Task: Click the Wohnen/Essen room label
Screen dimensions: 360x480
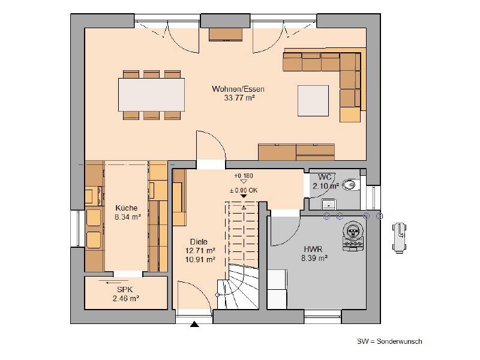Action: click(x=238, y=89)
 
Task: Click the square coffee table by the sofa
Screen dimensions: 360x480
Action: click(x=313, y=99)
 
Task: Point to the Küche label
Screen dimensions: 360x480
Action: click(x=127, y=208)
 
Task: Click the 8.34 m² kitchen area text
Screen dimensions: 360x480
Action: click(x=127, y=217)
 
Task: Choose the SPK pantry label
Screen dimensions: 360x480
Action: click(x=125, y=289)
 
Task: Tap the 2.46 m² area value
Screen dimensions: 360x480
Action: click(x=125, y=298)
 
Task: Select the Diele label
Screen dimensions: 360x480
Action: click(x=200, y=242)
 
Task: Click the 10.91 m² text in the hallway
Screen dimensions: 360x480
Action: click(x=200, y=260)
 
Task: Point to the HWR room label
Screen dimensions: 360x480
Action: click(x=314, y=249)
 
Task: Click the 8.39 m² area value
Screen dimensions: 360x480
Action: click(x=314, y=258)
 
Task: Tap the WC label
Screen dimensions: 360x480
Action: click(x=325, y=177)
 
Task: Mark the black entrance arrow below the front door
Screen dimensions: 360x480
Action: click(x=194, y=326)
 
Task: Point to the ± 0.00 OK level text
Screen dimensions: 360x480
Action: click(x=243, y=191)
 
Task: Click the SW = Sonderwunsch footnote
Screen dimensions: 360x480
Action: click(x=389, y=341)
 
